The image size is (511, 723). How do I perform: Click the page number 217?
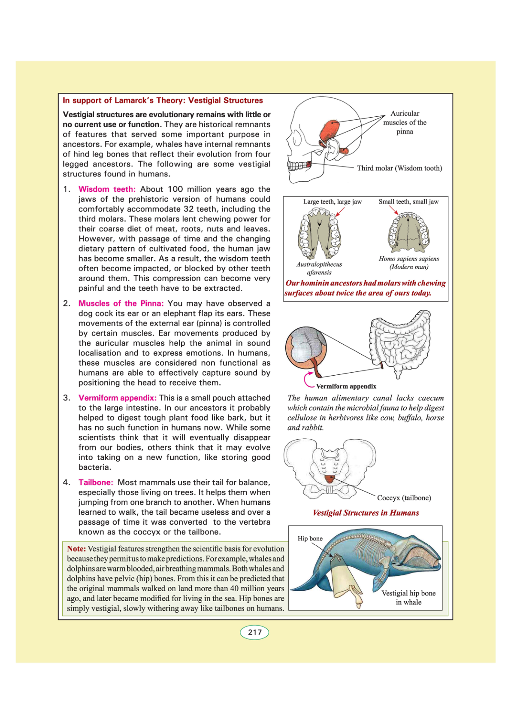tap(254, 632)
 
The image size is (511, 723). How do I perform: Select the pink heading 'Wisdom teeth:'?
tap(107, 189)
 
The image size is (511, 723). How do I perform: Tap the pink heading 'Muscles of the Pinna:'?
tap(121, 304)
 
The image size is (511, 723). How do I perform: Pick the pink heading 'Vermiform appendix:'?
tap(117, 398)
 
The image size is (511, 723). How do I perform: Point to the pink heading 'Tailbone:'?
tap(96, 483)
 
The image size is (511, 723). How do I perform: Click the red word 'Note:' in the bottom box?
tap(76, 549)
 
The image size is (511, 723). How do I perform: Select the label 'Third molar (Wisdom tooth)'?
tap(399, 168)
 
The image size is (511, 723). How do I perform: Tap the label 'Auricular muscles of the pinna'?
tap(405, 122)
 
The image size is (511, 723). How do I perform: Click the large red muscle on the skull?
tap(330, 130)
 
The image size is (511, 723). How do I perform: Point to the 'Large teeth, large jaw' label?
tap(332, 202)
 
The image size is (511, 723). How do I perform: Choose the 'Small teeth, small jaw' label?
tap(408, 202)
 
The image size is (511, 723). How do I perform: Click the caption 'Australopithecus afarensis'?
tap(319, 268)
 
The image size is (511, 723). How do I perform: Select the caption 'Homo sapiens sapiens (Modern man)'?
tap(409, 263)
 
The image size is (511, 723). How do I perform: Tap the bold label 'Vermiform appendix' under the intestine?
tap(346, 386)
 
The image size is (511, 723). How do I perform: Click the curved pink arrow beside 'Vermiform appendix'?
tap(308, 380)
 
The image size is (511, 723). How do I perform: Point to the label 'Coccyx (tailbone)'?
tap(404, 498)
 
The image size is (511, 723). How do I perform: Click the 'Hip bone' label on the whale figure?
tap(310, 538)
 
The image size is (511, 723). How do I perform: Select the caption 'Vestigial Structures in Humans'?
tap(366, 513)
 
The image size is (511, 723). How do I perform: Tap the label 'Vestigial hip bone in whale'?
tap(408, 598)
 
